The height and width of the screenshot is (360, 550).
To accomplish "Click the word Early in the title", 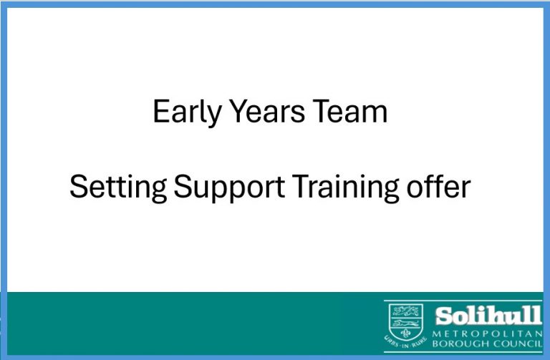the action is coord(187,112).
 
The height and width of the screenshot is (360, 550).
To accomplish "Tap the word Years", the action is coord(268,111).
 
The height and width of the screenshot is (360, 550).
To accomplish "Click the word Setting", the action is coord(118,188).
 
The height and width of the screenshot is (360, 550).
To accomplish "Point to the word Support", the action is coord(229,188).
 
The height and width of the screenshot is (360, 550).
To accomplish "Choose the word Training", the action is coord(345,188).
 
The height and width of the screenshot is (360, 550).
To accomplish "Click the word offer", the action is coord(438,186).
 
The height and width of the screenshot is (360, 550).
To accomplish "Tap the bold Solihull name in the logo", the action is coord(488,316).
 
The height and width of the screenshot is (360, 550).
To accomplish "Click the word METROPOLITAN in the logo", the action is coord(487,334).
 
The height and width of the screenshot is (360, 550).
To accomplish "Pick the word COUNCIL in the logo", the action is coord(512,343).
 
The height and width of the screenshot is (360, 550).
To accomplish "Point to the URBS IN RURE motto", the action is coord(406,343).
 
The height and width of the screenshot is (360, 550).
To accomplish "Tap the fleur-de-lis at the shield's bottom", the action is coord(406,333).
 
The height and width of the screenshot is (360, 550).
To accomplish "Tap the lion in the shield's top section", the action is coord(406,311).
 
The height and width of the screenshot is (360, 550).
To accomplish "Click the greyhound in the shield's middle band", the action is coord(406,323).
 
